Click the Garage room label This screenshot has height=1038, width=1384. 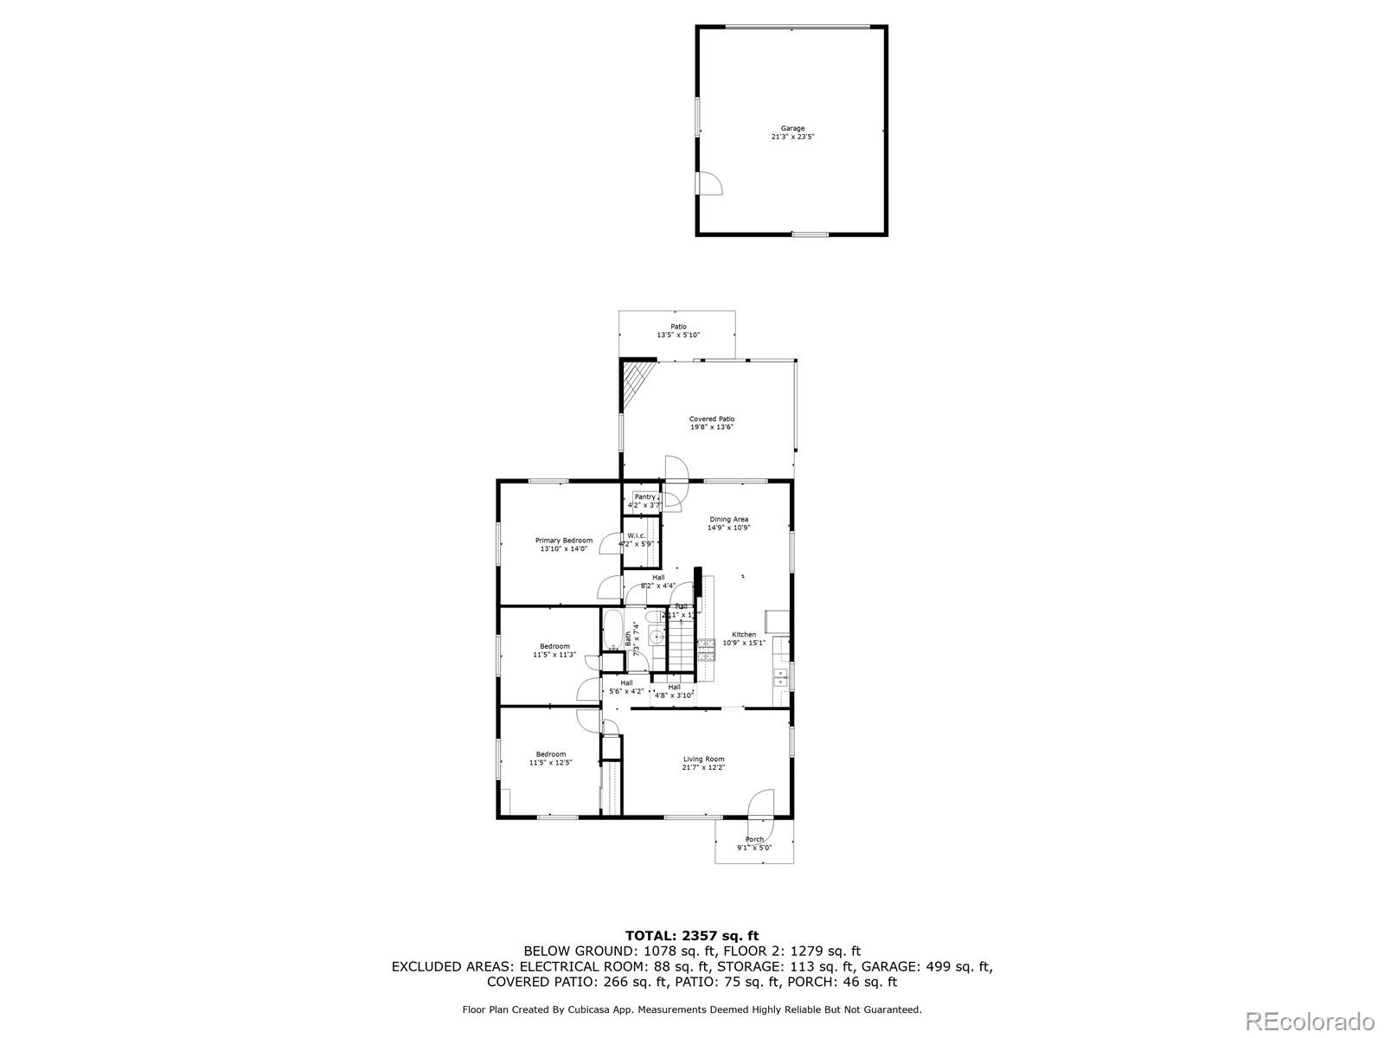(792, 132)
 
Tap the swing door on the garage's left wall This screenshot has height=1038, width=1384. (708, 183)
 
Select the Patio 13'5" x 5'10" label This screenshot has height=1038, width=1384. (678, 330)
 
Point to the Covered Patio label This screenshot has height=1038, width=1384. (712, 423)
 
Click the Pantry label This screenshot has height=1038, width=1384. (644, 500)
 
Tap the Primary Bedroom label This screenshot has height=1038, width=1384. (564, 544)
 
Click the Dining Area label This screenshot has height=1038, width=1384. (728, 523)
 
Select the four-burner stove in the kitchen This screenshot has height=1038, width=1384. (706, 649)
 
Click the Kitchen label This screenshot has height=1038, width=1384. (744, 638)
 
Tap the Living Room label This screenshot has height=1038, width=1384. (703, 763)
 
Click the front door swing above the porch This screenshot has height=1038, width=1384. (761, 804)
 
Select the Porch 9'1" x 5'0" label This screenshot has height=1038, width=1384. (754, 843)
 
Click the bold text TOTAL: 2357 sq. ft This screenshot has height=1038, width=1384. (692, 935)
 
